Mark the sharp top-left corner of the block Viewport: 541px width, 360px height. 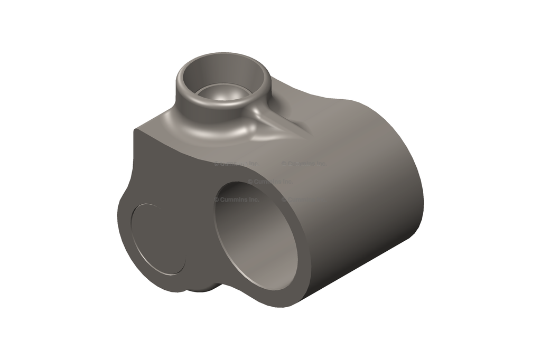pyautogui.click(x=136, y=128)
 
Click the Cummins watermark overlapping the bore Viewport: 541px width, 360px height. pyautogui.click(x=238, y=200)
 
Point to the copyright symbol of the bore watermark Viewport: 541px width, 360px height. pyautogui.click(x=217, y=200)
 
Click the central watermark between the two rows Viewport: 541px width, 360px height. pyautogui.click(x=269, y=182)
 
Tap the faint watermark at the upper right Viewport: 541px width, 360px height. pyautogui.click(x=303, y=163)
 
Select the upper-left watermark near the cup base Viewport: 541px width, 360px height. pyautogui.click(x=236, y=164)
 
